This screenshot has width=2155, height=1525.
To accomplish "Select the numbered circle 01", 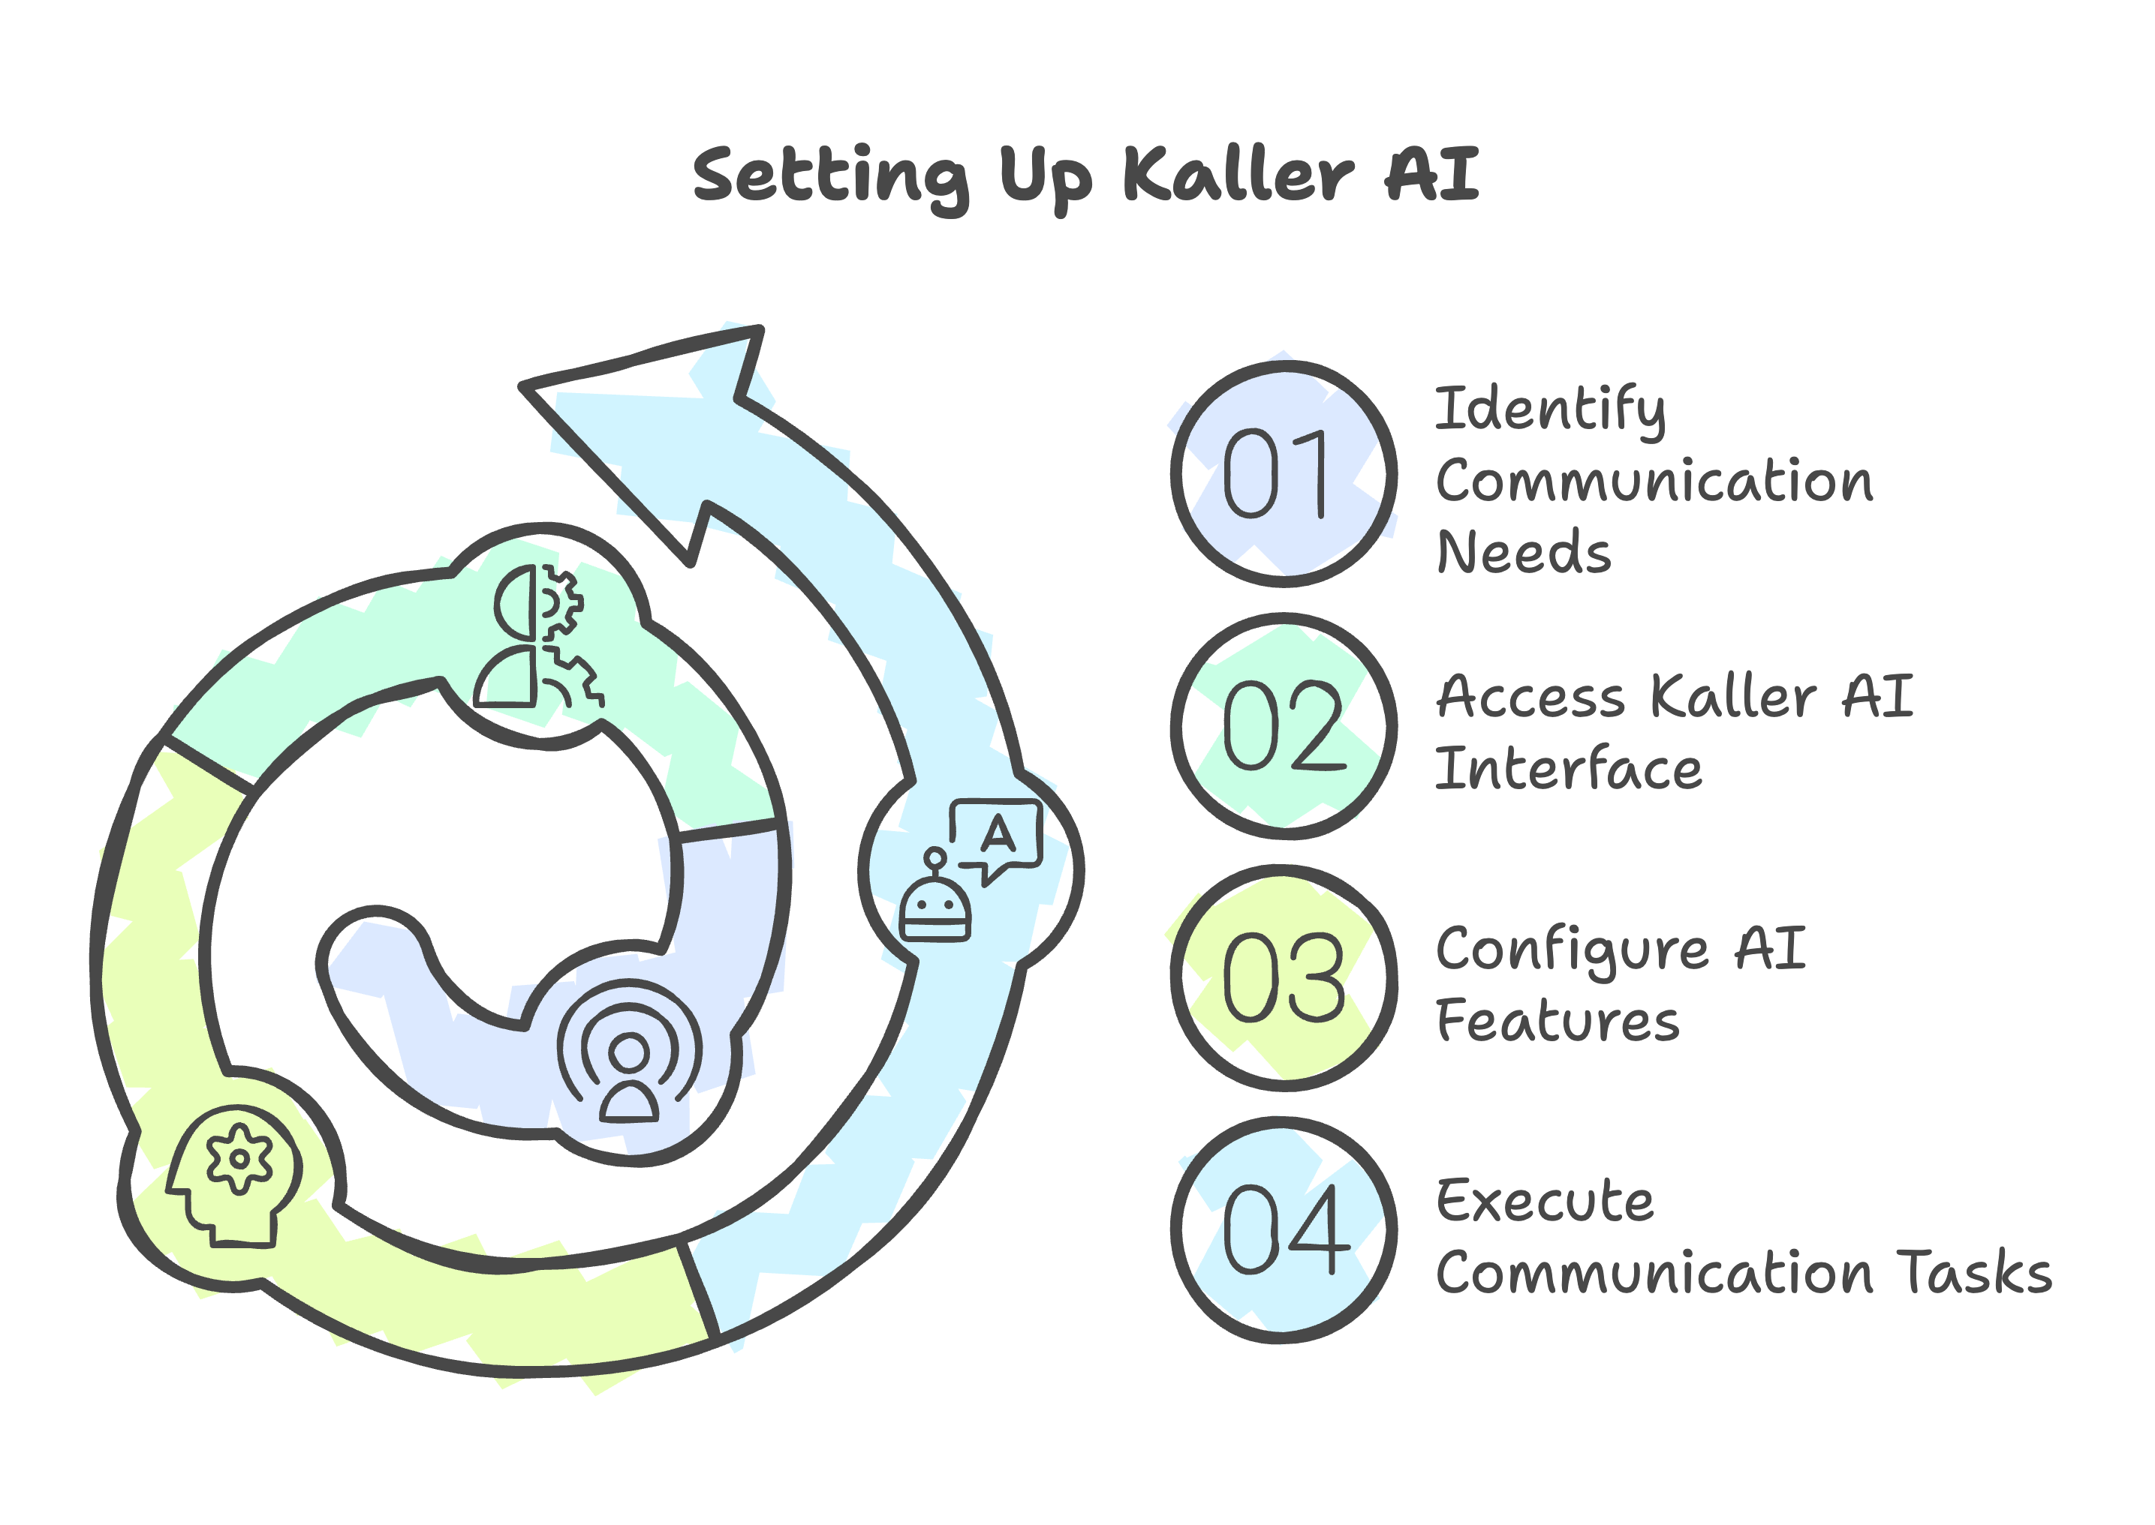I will coord(1284,474).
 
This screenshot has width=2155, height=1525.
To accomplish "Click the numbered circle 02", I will coord(1284,726).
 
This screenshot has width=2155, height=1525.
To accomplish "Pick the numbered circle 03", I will coord(1284,977).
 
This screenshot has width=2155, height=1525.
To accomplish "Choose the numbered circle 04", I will coord(1284,1229).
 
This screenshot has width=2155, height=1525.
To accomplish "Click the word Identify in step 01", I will coord(1550,411).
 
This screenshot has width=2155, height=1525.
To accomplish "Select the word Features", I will coord(1558,1021).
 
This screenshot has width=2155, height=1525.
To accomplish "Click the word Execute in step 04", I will coord(1546,1201).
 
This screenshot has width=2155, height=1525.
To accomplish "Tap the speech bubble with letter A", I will coord(997,835).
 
